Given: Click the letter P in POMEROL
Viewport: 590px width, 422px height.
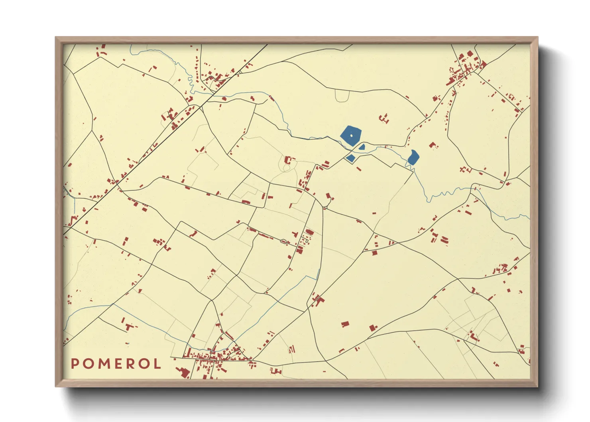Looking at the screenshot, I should pyautogui.click(x=75, y=363).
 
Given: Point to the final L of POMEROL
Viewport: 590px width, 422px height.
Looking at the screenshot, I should pyautogui.click(x=157, y=363).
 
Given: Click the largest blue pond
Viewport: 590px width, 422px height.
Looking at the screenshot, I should pyautogui.click(x=351, y=135).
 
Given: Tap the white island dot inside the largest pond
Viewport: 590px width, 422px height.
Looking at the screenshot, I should pyautogui.click(x=351, y=135).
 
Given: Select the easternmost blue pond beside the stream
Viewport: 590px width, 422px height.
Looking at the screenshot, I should pyautogui.click(x=413, y=157).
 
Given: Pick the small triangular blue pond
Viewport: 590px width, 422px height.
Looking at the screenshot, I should pyautogui.click(x=362, y=147).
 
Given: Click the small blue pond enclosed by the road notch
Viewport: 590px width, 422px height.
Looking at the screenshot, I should pyautogui.click(x=350, y=158).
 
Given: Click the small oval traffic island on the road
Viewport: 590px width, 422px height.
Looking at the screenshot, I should pyautogui.click(x=284, y=241).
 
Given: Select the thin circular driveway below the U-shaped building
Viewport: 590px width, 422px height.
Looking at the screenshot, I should pyautogui.click(x=286, y=168).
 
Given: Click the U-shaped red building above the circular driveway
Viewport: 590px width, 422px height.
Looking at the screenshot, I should pyautogui.click(x=288, y=160).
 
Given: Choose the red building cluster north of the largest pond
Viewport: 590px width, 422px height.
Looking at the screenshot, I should pyautogui.click(x=384, y=118).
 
